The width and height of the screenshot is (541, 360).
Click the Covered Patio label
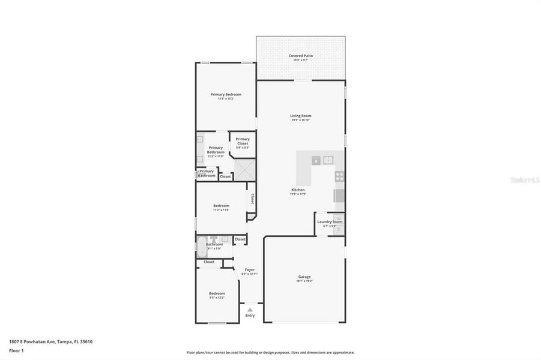click(300, 56)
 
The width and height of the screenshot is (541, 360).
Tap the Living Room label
click(301, 116)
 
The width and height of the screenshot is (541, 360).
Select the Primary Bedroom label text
click(226, 94)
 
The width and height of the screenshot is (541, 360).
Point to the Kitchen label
click(298, 190)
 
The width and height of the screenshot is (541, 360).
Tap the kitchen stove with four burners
click(339, 176)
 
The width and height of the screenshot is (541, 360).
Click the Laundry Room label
click(330, 222)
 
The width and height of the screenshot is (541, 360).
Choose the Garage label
click(304, 277)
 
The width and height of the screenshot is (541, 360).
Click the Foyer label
click(249, 270)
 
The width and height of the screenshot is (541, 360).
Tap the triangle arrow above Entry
click(250, 310)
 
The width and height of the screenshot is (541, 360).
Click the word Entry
click(250, 316)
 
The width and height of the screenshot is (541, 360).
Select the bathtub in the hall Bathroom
click(201, 247)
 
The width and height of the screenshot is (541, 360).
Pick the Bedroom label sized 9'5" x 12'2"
click(217, 293)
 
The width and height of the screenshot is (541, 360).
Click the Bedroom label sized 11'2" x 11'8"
click(221, 206)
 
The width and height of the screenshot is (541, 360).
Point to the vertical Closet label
click(252, 199)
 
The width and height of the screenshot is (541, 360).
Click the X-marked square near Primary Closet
click(244, 170)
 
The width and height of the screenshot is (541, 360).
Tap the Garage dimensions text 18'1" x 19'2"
click(304, 281)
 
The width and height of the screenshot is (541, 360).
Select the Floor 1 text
click(16, 350)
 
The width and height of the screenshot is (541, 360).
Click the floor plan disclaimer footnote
click(270, 353)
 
